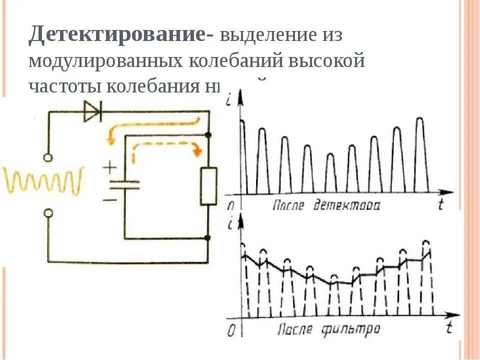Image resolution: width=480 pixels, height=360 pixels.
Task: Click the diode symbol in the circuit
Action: pos(92,111)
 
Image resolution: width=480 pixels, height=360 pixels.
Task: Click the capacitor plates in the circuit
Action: pos(124,184)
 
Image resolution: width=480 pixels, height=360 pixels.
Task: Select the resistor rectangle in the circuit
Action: pos(208,186)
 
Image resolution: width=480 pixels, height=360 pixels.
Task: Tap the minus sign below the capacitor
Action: pos(109,199)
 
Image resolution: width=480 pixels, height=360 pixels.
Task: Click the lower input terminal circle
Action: pos(48,213)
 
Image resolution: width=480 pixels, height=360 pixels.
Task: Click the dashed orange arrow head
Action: pos(199,150)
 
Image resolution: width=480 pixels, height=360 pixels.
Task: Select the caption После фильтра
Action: pos(328,329)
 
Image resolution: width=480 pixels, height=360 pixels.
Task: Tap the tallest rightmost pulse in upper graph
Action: pos(420,150)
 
